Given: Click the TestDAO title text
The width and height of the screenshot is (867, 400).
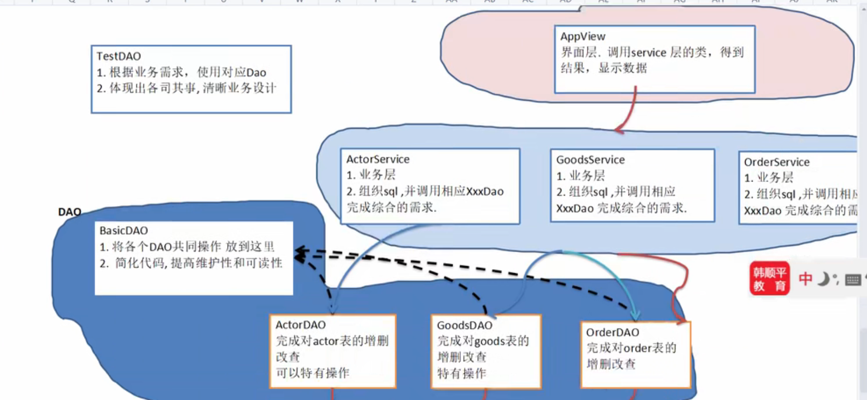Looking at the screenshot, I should tap(118, 56).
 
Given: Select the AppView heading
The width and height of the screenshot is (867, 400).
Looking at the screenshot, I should tap(582, 37).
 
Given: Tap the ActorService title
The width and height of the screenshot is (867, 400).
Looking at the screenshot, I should tap(378, 159).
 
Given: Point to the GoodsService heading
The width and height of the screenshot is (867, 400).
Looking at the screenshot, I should tap(590, 160).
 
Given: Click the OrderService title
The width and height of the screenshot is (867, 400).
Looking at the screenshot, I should tap(776, 162).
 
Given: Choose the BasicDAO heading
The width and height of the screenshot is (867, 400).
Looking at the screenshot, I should tap(123, 231).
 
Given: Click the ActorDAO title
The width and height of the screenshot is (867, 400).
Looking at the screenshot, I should tap(300, 325).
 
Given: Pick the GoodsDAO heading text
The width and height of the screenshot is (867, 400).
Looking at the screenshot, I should tap(464, 325).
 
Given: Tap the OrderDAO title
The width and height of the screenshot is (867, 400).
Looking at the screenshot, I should tap(612, 332).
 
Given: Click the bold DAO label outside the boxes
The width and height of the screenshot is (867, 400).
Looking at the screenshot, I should tap(69, 212).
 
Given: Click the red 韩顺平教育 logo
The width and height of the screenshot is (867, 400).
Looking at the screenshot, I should tap(769, 279).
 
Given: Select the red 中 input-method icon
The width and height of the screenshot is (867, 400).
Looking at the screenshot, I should tap(805, 279).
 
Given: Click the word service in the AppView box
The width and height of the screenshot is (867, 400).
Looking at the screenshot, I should tap(648, 53).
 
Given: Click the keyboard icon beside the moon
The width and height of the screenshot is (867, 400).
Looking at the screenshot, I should tap(852, 280).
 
